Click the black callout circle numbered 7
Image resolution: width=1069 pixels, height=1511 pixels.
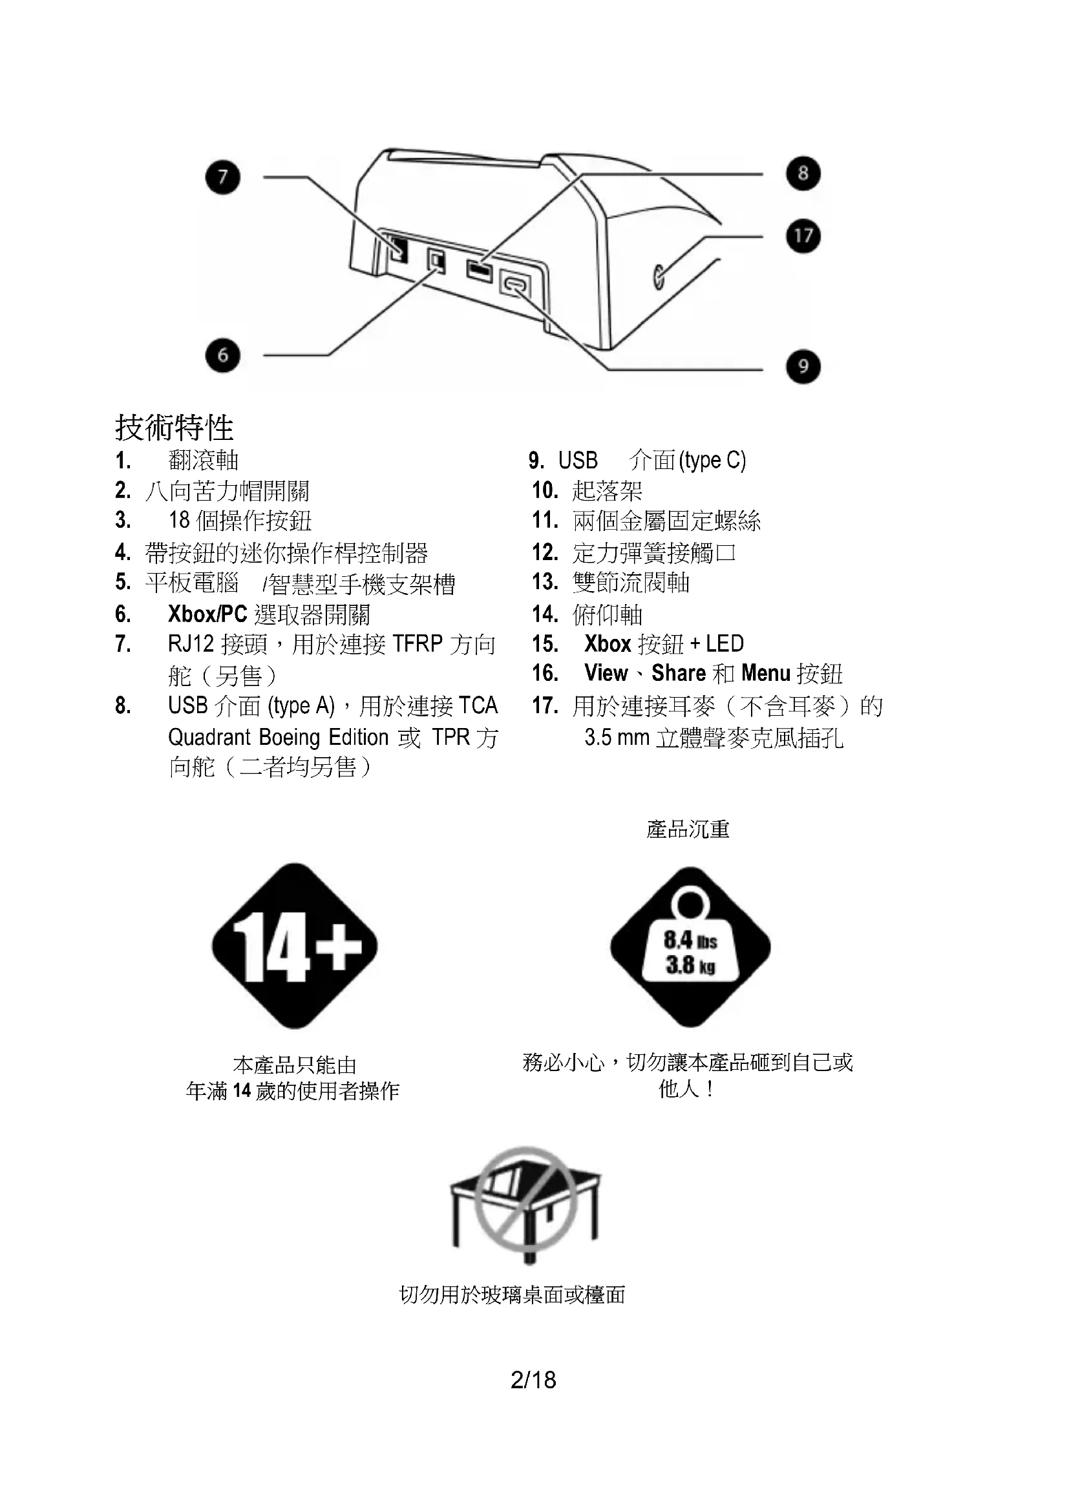pos(222,177)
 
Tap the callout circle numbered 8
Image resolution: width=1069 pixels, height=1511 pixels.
pos(803,174)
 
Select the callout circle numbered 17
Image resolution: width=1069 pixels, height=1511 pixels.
pos(803,236)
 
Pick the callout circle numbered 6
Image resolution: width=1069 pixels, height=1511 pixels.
pos(222,355)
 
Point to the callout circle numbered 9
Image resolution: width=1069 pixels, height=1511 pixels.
pos(803,366)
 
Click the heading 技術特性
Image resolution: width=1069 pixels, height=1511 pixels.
pos(175,428)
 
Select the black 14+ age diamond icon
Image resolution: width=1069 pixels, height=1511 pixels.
pos(294,946)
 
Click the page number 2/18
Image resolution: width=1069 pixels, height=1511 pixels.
pos(533,1379)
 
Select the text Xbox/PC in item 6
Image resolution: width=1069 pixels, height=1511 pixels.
pos(207,614)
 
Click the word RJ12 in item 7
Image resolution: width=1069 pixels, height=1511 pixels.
pos(191,643)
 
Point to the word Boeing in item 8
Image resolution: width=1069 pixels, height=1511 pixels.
pos(290,737)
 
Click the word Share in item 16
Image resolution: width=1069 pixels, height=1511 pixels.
pos(679,672)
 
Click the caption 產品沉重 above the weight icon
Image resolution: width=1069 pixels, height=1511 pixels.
pos(688,829)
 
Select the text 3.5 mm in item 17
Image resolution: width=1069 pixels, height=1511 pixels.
pos(617,737)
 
